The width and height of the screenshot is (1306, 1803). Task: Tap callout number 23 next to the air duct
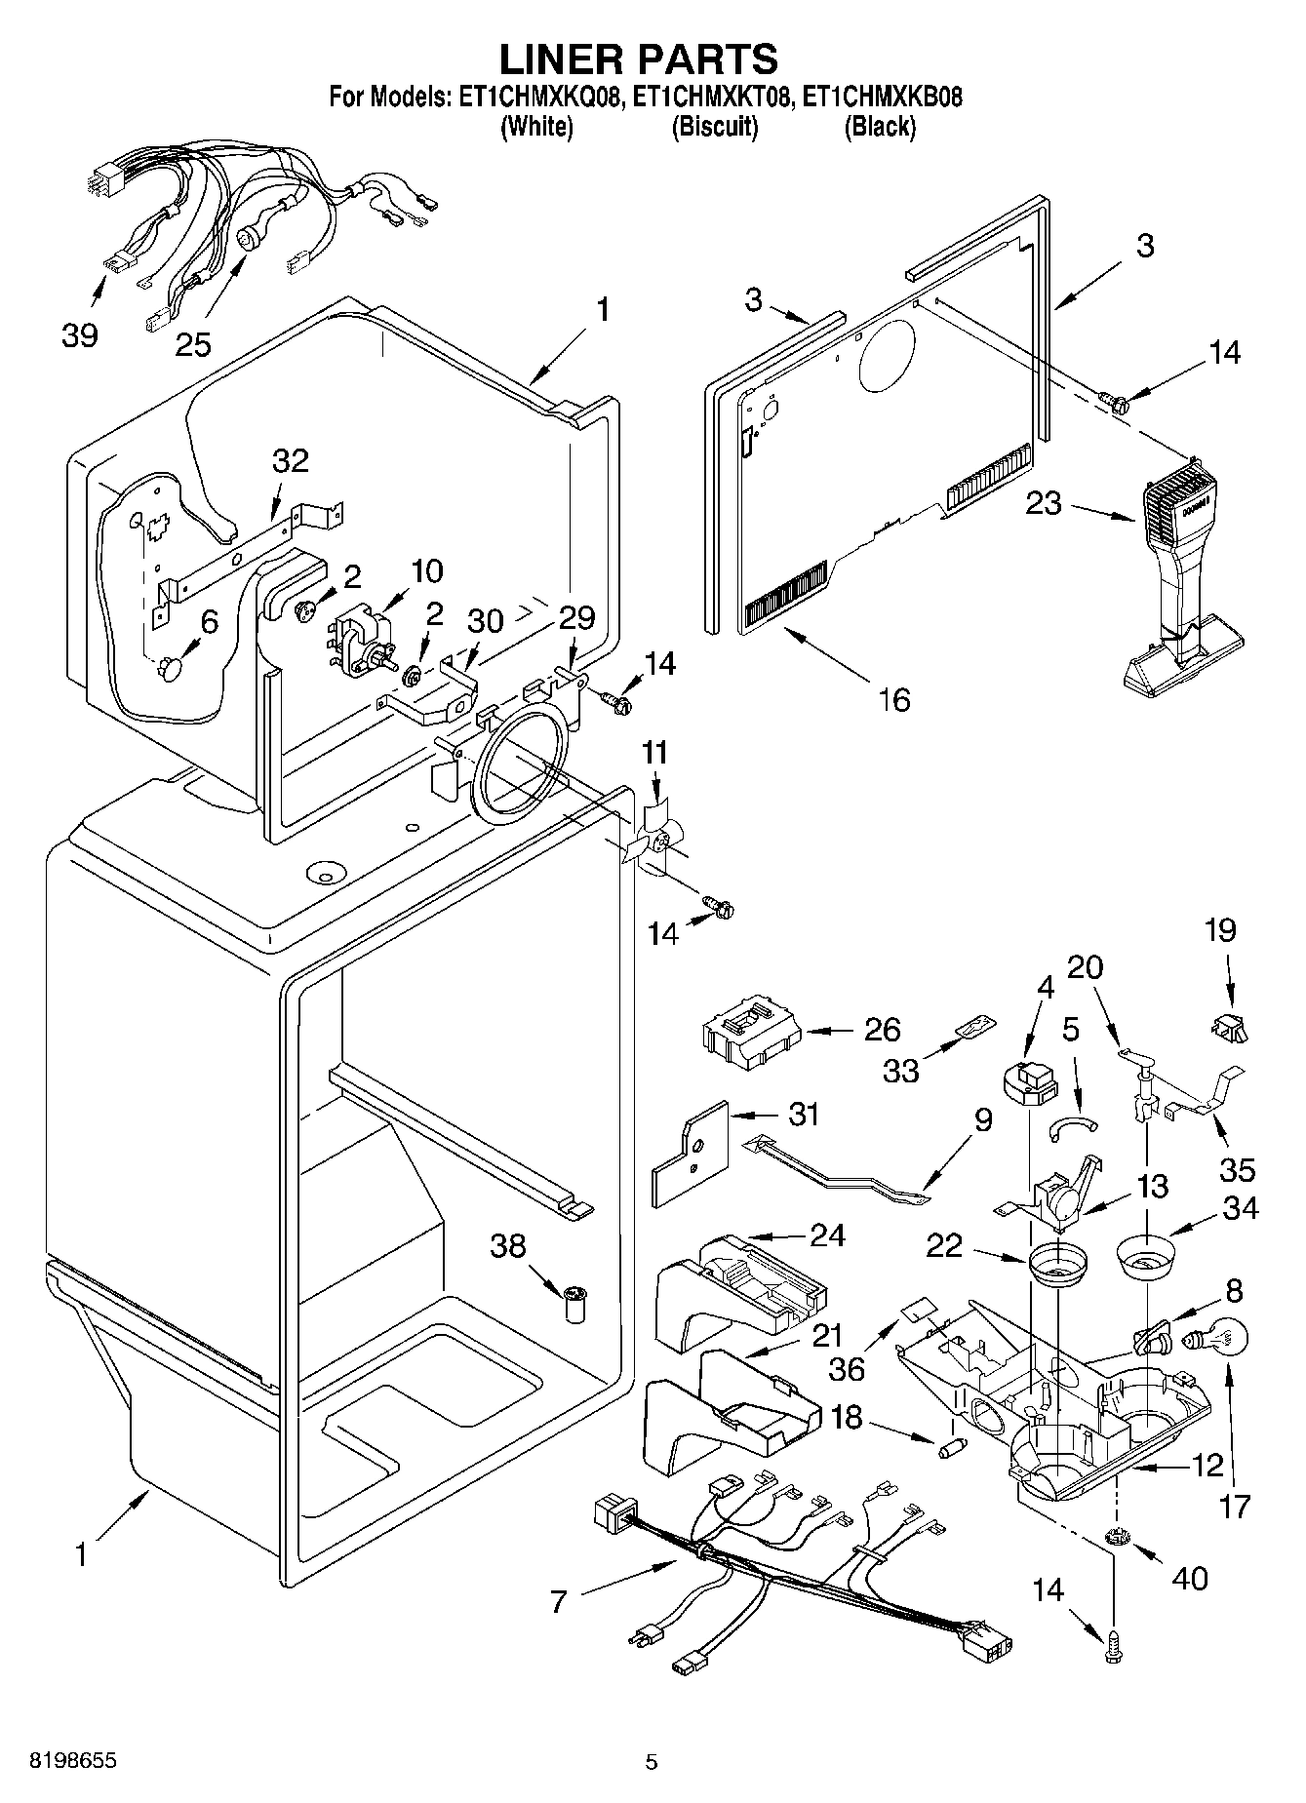1044,505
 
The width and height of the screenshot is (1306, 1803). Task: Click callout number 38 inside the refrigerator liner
508,1245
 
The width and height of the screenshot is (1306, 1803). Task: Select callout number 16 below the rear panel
893,698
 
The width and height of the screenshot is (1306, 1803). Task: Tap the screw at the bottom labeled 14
1113,1647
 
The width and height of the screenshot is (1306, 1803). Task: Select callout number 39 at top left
79,334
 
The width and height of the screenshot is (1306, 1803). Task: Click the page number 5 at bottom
652,1761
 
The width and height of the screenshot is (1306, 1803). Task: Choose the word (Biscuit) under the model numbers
714,127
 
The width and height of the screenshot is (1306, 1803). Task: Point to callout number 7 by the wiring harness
558,1600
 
